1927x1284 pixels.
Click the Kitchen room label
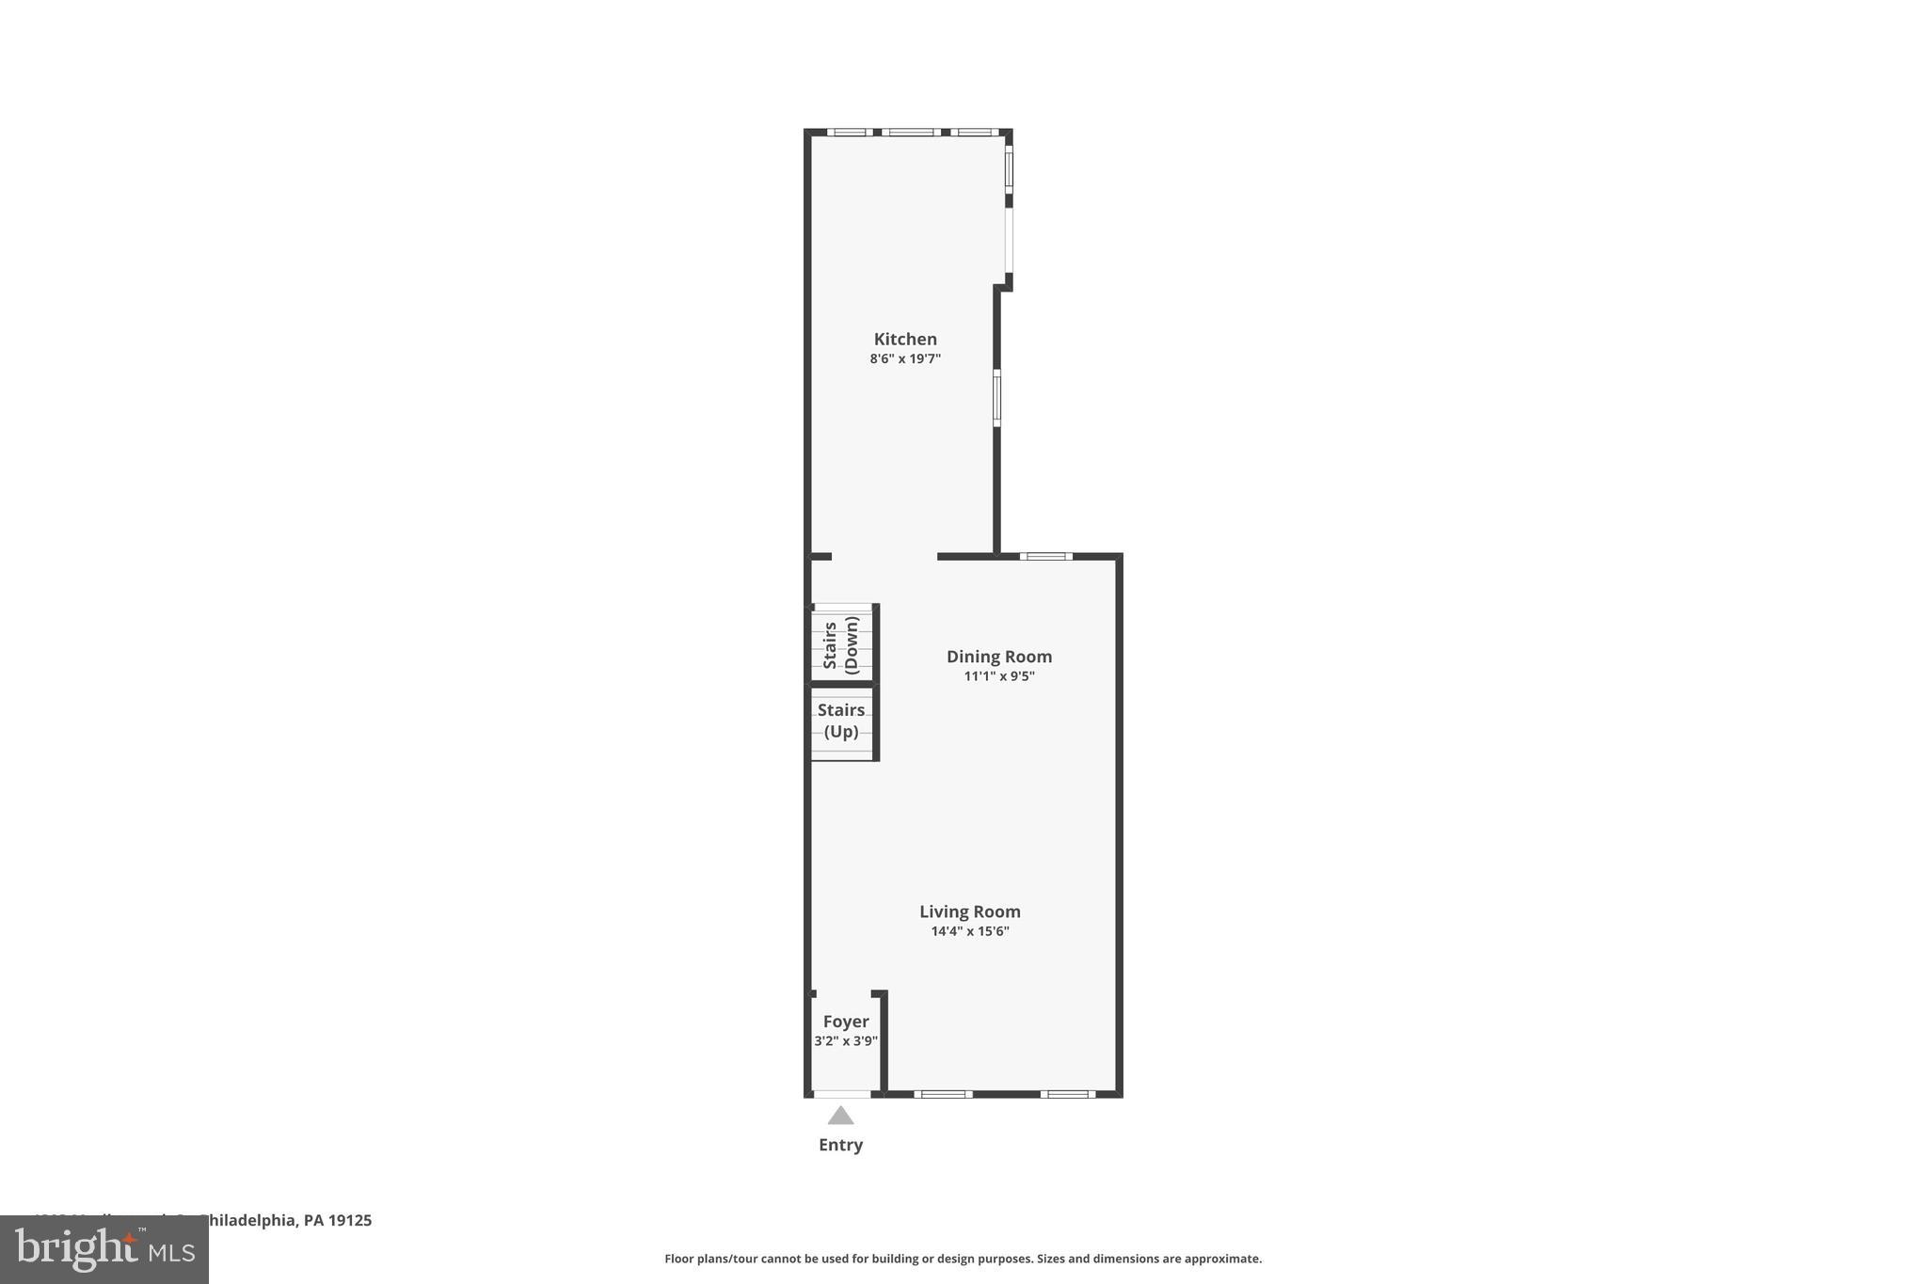point(905,340)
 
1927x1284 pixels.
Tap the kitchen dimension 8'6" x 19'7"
point(905,358)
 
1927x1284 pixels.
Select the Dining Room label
point(998,657)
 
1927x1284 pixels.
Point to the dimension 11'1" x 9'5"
point(998,675)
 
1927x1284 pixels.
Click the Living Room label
point(969,911)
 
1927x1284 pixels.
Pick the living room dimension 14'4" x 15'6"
point(969,931)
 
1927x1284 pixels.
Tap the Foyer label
point(845,1022)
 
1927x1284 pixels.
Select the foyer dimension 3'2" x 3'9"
point(845,1041)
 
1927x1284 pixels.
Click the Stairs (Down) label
point(841,645)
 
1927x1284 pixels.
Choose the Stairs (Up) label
point(840,721)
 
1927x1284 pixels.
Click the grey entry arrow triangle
point(840,1117)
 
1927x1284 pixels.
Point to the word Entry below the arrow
point(840,1145)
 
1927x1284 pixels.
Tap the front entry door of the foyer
point(841,1094)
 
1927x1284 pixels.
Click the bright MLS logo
point(104,1250)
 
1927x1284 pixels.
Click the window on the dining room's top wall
point(1046,556)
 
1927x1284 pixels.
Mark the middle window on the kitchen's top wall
point(910,132)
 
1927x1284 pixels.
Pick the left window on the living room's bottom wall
point(943,1094)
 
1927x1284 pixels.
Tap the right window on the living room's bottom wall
point(1068,1094)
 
